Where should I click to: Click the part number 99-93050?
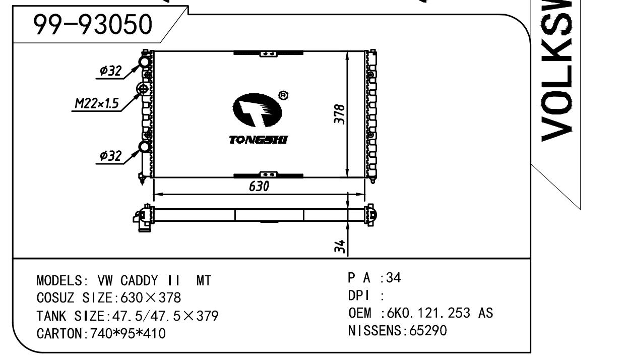[x=93, y=24]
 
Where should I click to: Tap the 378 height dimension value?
[x=340, y=114]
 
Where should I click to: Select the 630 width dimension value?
[x=259, y=186]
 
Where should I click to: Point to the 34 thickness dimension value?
[x=340, y=246]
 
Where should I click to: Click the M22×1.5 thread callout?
[x=97, y=103]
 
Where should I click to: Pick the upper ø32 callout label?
[x=111, y=71]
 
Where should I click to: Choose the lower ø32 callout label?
[x=111, y=156]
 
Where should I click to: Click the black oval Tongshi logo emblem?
[x=257, y=110]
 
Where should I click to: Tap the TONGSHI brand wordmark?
[x=258, y=140]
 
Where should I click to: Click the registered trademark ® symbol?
[x=283, y=96]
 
